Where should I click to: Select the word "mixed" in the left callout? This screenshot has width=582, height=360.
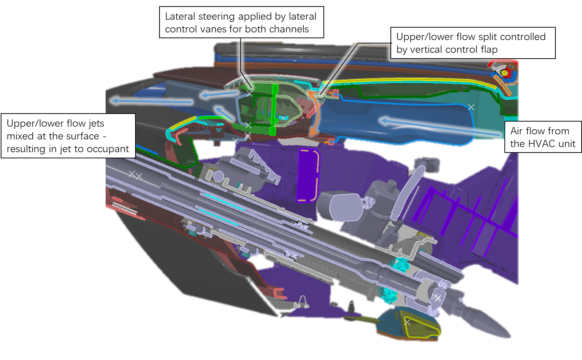coord(20,136)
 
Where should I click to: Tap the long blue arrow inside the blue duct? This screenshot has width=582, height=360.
coord(437,127)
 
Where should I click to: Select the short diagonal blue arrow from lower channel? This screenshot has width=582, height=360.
coord(224,113)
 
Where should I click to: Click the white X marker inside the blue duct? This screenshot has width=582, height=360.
coord(471,107)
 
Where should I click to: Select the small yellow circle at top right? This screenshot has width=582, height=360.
coord(505,73)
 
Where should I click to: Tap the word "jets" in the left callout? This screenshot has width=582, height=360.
coord(96,123)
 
